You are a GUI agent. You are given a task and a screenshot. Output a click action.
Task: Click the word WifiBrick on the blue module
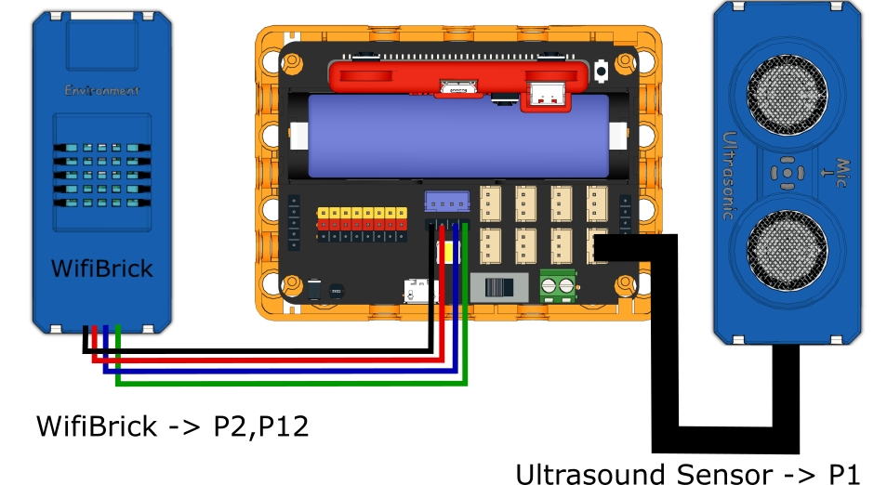click(102, 269)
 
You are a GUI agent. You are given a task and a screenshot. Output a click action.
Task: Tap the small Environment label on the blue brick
click(102, 91)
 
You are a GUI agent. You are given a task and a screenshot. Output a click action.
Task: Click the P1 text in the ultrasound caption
click(844, 474)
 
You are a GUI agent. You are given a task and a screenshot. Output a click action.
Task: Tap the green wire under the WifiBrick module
click(279, 382)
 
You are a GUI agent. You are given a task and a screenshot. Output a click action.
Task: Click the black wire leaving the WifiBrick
click(260, 351)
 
